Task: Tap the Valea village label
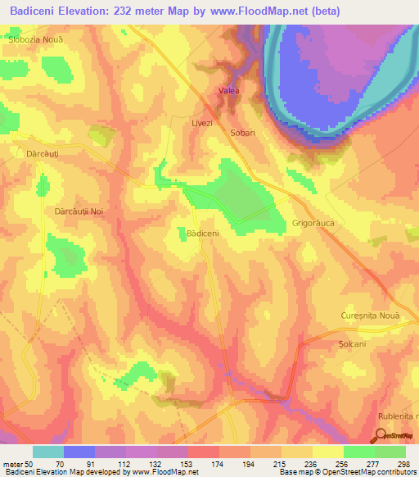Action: click(228, 91)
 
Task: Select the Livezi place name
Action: click(201, 122)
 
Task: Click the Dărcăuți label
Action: click(36, 152)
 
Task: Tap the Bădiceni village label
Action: click(203, 234)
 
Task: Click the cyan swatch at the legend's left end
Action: click(48, 452)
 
